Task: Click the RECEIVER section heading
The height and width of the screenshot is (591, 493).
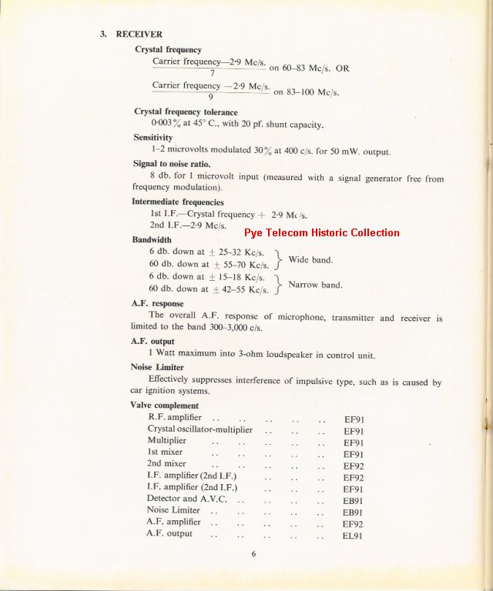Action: tap(139, 34)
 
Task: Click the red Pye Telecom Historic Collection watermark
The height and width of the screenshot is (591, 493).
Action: tap(322, 232)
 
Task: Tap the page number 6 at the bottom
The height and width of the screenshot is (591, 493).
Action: tap(253, 553)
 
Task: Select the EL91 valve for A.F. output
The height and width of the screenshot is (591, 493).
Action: tap(353, 535)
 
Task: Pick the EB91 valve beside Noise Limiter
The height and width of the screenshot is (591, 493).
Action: tap(353, 512)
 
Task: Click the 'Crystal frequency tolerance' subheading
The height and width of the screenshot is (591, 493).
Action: tap(186, 112)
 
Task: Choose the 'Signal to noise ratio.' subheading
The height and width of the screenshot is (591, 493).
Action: tap(171, 164)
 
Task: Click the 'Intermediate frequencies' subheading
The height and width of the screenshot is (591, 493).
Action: tap(178, 202)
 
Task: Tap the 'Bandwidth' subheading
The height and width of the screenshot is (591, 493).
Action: tap(152, 239)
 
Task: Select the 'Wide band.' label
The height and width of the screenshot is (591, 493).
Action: tap(310, 259)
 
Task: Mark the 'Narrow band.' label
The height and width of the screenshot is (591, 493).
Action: tap(315, 285)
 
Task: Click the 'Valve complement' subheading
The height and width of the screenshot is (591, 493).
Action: tap(165, 406)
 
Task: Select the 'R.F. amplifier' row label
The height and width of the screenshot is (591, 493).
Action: tap(175, 417)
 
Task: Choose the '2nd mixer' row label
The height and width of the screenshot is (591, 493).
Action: tap(166, 464)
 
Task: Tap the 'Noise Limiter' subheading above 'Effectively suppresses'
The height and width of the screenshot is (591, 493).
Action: tap(157, 367)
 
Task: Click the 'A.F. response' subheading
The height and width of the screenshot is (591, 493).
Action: tap(157, 303)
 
